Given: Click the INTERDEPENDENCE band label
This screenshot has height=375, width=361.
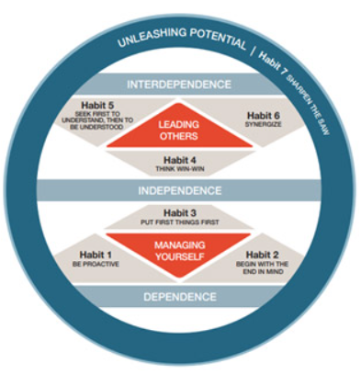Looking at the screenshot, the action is point(179,85).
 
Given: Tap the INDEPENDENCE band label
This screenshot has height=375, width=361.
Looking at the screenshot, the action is point(180,190).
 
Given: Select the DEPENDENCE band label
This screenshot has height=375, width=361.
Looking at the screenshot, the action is point(180,297).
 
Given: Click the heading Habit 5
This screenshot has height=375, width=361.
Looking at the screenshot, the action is point(97,106).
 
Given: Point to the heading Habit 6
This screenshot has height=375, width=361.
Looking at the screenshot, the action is point(264,116).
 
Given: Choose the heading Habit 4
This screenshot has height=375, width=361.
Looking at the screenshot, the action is point(180,160).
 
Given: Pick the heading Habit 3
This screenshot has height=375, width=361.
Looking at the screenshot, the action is point(180,213).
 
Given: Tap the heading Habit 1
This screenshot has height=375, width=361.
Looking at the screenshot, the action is point(96,255).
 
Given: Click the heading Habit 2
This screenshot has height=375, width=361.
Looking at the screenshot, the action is point(263,255).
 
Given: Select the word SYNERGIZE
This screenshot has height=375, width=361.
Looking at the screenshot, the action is point(263,125).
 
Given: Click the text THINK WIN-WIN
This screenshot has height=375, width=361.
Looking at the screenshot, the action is point(180,169).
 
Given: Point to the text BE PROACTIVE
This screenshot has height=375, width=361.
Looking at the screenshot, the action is point(96,264).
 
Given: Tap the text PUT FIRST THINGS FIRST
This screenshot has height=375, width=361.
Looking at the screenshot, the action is point(180,222).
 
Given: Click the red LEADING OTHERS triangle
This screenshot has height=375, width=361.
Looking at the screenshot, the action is point(179,129).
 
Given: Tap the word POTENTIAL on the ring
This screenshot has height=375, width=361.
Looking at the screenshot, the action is point(218,39).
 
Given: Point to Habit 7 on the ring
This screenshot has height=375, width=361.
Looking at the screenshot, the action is point(272,62).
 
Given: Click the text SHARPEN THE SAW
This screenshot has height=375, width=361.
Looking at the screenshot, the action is point(308,104).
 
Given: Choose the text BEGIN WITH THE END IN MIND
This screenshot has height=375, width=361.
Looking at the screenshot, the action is point(262,267).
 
